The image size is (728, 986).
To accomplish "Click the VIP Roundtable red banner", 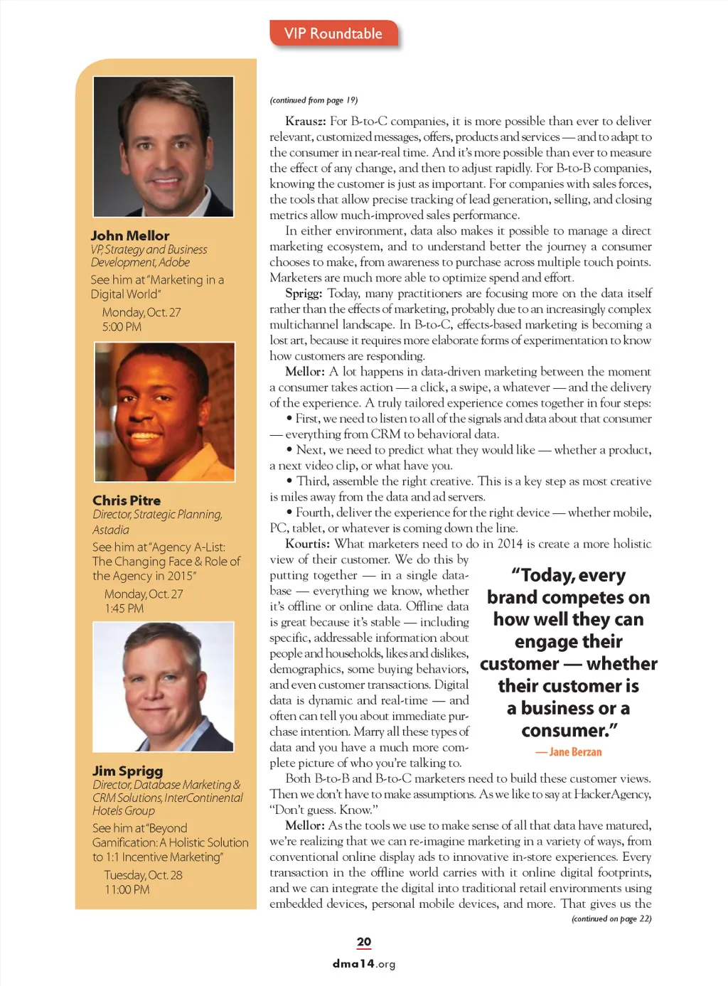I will click(x=333, y=34).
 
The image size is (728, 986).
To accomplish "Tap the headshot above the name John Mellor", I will click(x=164, y=146).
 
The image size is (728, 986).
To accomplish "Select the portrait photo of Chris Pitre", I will click(x=164, y=412).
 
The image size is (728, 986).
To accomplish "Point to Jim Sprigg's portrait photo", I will click(x=164, y=687).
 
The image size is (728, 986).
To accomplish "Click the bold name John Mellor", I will click(x=130, y=235).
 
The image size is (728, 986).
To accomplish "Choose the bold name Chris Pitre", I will click(x=127, y=500).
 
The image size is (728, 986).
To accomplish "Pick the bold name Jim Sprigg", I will click(x=128, y=771).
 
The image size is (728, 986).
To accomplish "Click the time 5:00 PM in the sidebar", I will click(x=122, y=327).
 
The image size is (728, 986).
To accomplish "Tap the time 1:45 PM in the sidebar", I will click(x=124, y=609).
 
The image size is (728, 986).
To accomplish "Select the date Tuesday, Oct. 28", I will click(x=143, y=875).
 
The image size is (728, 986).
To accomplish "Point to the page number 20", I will click(x=364, y=942).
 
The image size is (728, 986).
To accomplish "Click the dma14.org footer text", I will click(x=364, y=964).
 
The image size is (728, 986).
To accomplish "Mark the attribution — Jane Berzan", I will click(x=569, y=752).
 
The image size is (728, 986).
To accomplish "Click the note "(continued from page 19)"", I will click(x=314, y=100).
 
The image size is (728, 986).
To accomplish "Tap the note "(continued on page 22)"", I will click(x=611, y=919).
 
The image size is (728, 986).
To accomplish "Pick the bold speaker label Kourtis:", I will click(x=307, y=544).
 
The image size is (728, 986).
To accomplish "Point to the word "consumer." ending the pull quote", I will click(x=569, y=731).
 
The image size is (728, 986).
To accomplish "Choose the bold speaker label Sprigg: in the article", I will click(x=304, y=294).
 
